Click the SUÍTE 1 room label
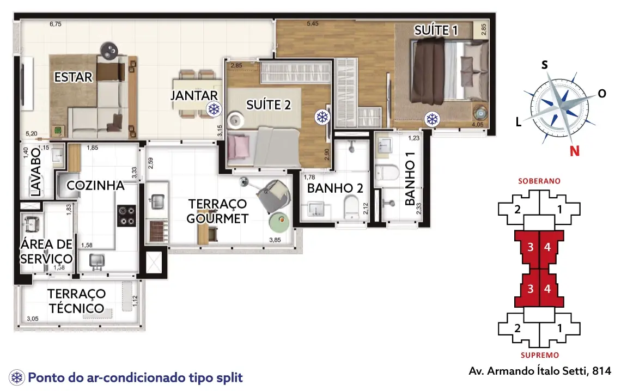click(x=436, y=30)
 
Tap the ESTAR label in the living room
click(x=74, y=77)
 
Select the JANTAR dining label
click(x=194, y=95)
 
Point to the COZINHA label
click(x=95, y=185)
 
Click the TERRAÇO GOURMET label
click(x=217, y=211)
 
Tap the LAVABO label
click(x=35, y=172)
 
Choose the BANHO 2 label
click(x=335, y=188)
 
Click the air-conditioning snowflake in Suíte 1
click(x=432, y=119)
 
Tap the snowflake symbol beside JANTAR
click(x=214, y=109)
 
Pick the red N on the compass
click(x=575, y=151)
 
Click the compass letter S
click(x=545, y=64)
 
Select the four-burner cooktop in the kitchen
click(x=127, y=216)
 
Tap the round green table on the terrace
click(x=280, y=222)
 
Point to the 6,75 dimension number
click(x=56, y=24)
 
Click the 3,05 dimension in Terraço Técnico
click(x=33, y=319)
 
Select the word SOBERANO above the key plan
click(x=539, y=181)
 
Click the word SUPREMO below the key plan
click(x=540, y=355)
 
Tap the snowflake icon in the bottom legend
click(x=17, y=377)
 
